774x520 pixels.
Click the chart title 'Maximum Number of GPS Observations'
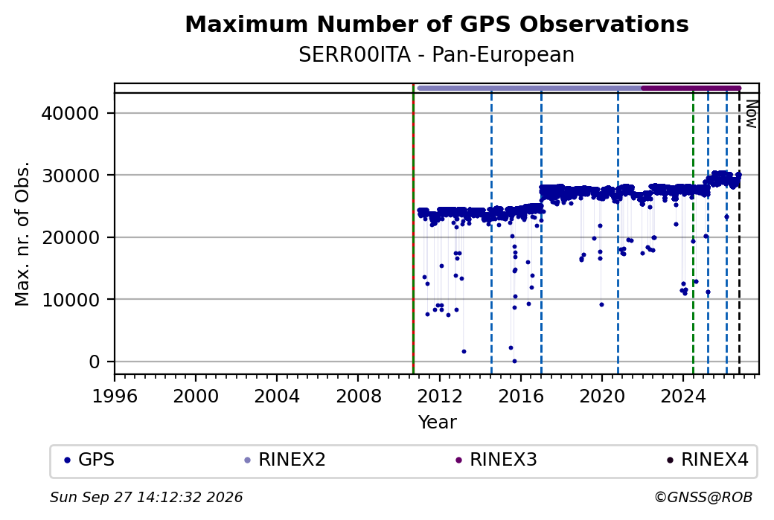[x=436, y=24]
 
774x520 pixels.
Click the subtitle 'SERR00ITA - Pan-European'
[x=436, y=55]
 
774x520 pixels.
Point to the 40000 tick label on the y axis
[x=71, y=114]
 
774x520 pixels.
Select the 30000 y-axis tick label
[x=71, y=175]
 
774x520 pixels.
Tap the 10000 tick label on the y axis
[x=71, y=300]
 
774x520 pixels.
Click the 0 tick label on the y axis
[x=95, y=362]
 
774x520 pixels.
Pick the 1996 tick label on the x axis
[x=115, y=397]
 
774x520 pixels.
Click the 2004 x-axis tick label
[x=276, y=397]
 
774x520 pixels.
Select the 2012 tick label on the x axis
[x=439, y=397]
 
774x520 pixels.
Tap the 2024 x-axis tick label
[x=682, y=397]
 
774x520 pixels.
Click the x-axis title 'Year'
[x=437, y=423]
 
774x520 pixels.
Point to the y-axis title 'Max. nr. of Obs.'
[x=22, y=234]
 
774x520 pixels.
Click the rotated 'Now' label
[x=751, y=114]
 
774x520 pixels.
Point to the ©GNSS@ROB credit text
[x=703, y=497]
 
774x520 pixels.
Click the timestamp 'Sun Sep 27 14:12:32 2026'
[x=146, y=497]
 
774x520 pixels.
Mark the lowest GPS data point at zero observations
[x=514, y=361]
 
